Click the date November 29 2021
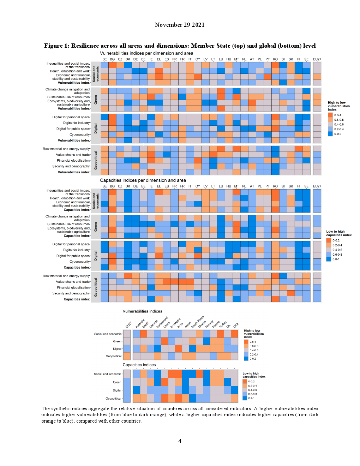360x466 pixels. [x=179, y=25]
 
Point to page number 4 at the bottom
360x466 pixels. [x=180, y=441]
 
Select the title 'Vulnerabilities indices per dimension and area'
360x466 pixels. [x=146, y=53]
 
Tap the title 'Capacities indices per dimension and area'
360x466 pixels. [x=143, y=180]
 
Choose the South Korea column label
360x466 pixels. [x=198, y=322]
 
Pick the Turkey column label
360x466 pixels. [x=223, y=324]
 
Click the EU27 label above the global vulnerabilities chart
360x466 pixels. [x=128, y=325]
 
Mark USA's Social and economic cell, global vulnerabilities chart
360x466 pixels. [x=234, y=334]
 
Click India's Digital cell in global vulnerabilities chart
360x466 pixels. [x=178, y=349]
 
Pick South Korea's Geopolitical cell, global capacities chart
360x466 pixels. [x=192, y=399]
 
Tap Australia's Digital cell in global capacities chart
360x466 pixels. [x=137, y=390]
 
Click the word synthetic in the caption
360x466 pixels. [x=62, y=408]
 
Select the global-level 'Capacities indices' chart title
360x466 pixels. [x=139, y=365]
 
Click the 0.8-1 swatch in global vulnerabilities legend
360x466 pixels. [x=246, y=342]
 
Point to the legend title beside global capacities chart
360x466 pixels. [x=254, y=375]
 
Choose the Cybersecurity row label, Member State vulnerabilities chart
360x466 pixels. [x=79, y=135]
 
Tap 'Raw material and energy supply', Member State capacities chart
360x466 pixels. [x=66, y=276]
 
